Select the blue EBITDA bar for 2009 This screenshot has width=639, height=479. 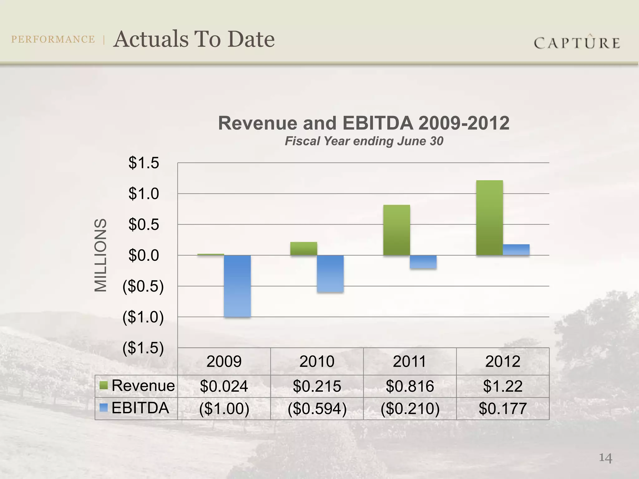[237, 286]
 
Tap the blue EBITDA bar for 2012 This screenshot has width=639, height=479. [516, 250]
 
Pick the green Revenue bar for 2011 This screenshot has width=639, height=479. [396, 230]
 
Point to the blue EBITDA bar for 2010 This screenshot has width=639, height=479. [330, 273]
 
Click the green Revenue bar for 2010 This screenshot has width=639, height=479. [304, 249]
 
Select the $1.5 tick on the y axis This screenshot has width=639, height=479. [144, 163]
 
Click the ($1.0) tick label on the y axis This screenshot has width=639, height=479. [143, 317]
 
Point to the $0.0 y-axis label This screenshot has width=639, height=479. [144, 255]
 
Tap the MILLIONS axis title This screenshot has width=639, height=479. [100, 255]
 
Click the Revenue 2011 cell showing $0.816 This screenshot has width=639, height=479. [410, 386]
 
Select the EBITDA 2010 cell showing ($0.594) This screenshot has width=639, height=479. [317, 409]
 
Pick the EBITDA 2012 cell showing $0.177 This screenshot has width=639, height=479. [502, 409]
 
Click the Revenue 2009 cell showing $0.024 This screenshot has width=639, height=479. [224, 386]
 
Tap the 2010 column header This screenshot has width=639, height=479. [317, 361]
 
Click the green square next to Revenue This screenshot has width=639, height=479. [104, 385]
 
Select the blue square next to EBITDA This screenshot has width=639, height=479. [104, 408]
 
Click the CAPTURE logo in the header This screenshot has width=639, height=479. [577, 42]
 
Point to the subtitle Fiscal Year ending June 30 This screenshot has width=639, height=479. [364, 141]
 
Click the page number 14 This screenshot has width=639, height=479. [605, 458]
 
